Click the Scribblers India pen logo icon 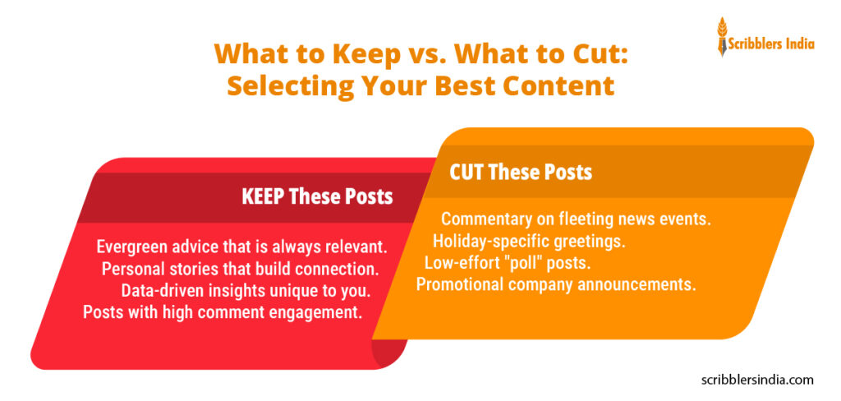click(x=723, y=37)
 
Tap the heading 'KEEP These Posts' click(x=317, y=197)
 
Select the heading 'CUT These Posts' click(x=521, y=173)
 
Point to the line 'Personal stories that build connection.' click(x=240, y=269)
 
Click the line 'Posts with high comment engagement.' click(x=223, y=311)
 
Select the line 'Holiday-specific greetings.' click(x=529, y=242)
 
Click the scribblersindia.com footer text click(x=757, y=380)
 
